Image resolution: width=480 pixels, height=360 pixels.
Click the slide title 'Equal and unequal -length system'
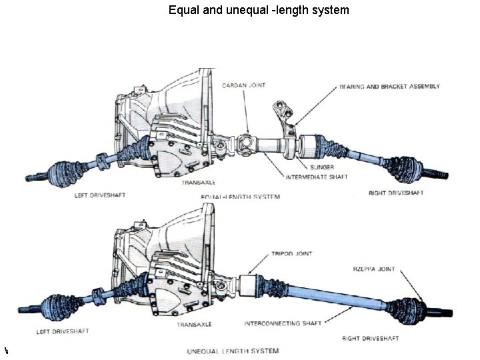[x=259, y=10]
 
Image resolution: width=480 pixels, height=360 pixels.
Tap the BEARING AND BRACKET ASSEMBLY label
[x=389, y=87]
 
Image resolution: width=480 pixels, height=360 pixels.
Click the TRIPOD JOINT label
[x=291, y=254]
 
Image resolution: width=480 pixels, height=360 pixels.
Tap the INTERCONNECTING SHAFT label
[x=283, y=323]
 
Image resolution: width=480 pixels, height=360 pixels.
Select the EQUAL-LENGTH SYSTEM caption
[x=240, y=197]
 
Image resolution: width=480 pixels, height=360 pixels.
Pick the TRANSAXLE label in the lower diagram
[x=195, y=325]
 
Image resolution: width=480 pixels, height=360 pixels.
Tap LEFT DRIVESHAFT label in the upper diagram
[x=99, y=195]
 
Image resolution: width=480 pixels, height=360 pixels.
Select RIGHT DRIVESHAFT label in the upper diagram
[x=396, y=193]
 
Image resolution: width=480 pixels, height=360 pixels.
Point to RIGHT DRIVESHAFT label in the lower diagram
[x=369, y=338]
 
